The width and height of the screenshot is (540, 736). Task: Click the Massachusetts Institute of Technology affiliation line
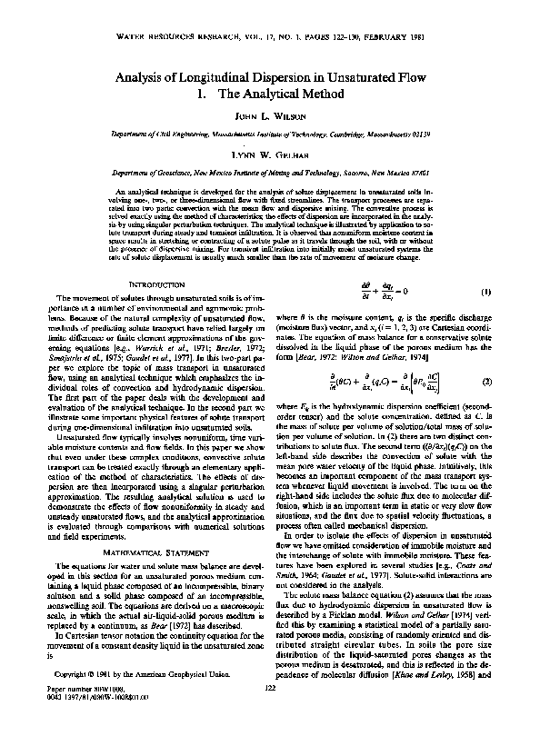270,133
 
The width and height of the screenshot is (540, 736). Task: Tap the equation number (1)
486,293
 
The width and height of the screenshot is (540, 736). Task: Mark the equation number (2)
486,383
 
